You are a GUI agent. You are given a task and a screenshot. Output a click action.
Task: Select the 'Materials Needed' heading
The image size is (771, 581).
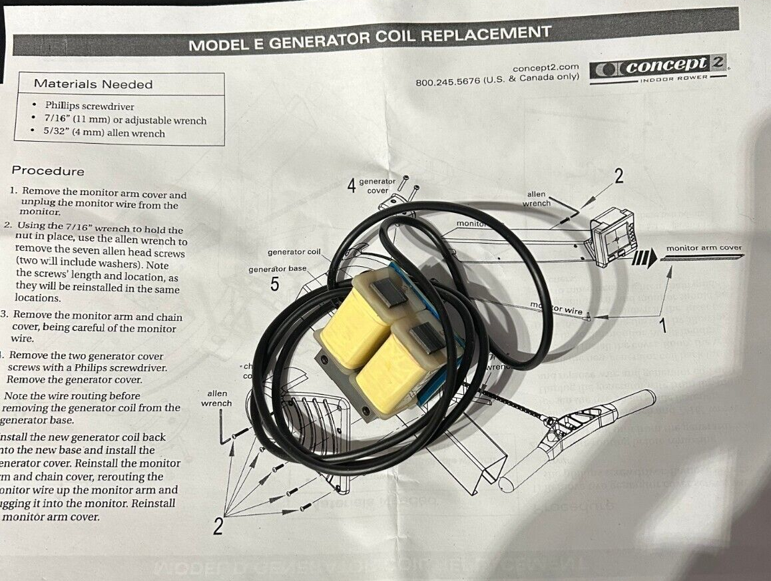(x=93, y=85)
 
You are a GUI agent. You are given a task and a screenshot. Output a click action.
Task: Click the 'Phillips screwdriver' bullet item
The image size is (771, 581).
(x=89, y=106)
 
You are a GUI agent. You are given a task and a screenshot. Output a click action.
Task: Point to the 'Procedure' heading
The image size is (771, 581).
(x=48, y=171)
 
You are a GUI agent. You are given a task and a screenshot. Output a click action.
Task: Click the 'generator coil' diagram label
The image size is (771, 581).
(x=294, y=252)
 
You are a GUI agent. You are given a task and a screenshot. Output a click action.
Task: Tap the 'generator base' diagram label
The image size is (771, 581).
(x=278, y=269)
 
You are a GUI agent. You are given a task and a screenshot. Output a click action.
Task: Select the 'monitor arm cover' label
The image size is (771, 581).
(x=704, y=248)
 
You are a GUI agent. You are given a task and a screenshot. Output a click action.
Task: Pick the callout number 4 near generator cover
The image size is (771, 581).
(x=352, y=186)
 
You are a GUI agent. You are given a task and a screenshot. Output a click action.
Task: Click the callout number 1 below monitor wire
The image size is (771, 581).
(x=662, y=326)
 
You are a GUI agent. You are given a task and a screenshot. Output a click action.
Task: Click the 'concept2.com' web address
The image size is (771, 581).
(x=545, y=68)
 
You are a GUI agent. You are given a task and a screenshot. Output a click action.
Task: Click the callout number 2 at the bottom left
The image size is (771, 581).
(x=218, y=527)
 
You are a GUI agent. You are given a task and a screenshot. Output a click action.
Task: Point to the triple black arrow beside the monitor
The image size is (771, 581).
(x=642, y=258)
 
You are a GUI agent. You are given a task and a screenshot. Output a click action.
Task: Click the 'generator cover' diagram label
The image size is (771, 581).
(x=377, y=186)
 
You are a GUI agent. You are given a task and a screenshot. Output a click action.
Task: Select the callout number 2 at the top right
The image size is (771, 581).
(x=619, y=176)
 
